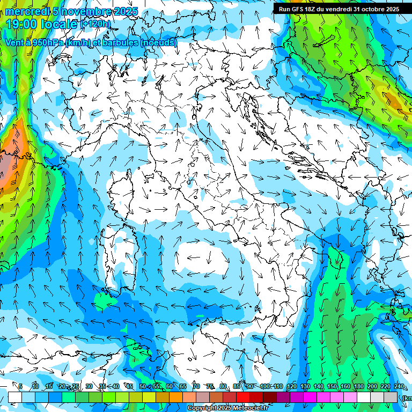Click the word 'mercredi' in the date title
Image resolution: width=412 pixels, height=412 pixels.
point(25,11)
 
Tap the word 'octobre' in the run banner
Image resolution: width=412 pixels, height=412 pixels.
point(372,9)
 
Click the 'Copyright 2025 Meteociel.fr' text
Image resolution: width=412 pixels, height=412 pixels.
point(231,408)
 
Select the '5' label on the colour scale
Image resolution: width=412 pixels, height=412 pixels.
point(20,386)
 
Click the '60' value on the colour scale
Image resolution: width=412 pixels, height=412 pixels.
point(170,386)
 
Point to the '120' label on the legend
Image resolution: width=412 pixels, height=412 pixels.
point(292,386)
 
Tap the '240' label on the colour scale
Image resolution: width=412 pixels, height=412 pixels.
point(399,386)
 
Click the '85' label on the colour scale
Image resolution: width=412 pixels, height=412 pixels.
point(237,386)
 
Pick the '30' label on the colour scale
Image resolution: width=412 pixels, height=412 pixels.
point(89,386)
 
